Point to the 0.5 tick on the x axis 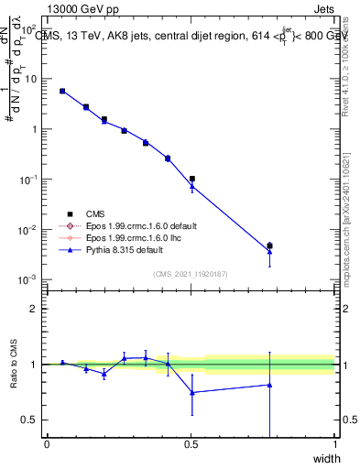click(x=191, y=444)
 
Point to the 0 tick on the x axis click(x=48, y=444)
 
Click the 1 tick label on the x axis click(x=335, y=444)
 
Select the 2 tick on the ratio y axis click(x=34, y=309)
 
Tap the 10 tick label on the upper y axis click(x=31, y=79)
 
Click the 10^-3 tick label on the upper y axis click(x=29, y=279)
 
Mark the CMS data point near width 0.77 click(x=269, y=245)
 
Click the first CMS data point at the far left click(x=62, y=91)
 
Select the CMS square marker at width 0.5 click(x=192, y=179)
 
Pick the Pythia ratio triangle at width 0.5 click(x=192, y=392)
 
